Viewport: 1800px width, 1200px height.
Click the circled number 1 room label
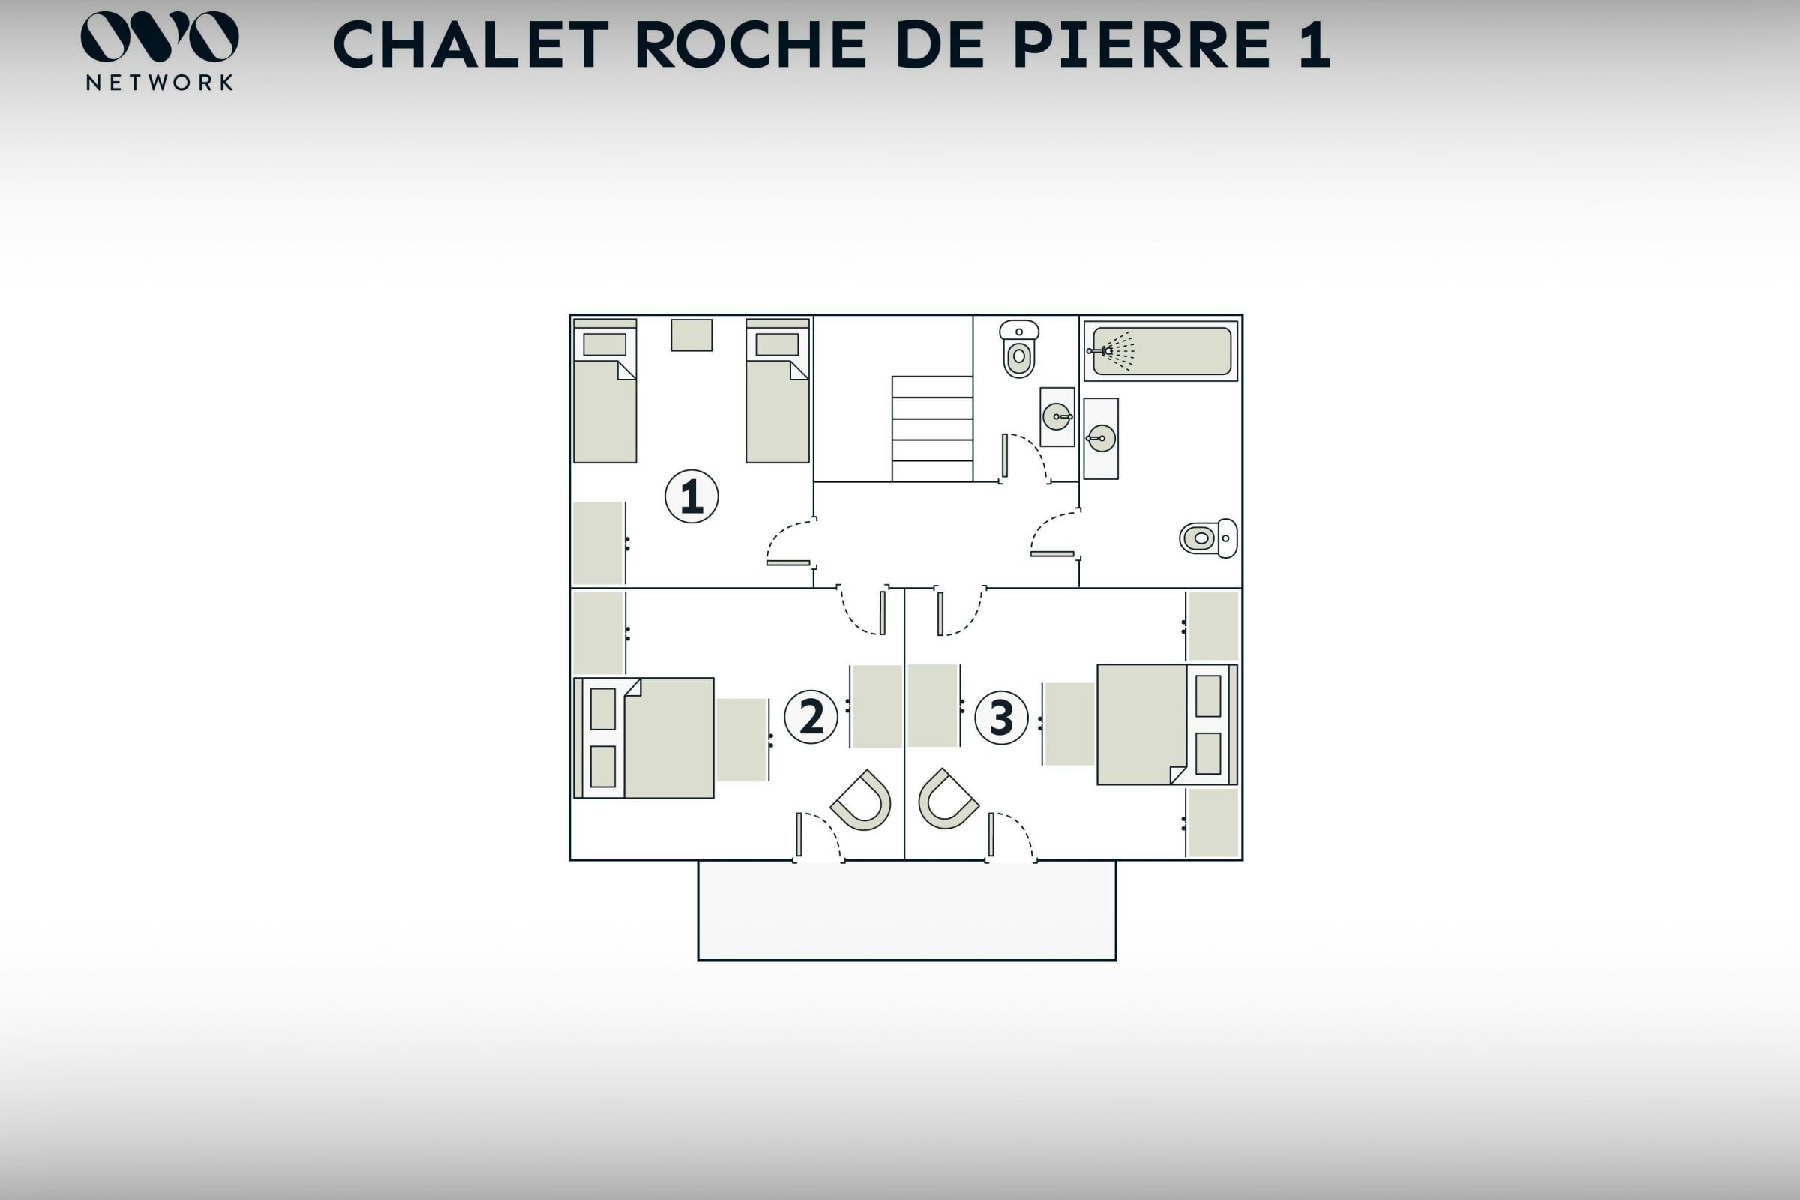tap(691, 496)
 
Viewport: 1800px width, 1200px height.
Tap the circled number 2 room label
tap(811, 717)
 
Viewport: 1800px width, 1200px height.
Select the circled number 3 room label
tap(1001, 718)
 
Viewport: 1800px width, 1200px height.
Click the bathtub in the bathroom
tap(1162, 351)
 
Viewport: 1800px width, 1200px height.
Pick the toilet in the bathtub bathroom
tap(1207, 538)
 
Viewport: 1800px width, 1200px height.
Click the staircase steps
tap(932, 428)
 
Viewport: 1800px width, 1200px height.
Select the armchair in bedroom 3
tap(947, 799)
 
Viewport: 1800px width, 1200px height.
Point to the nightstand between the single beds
tap(691, 335)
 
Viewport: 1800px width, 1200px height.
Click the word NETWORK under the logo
tap(159, 82)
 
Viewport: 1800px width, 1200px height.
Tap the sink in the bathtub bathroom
tap(1101, 439)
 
